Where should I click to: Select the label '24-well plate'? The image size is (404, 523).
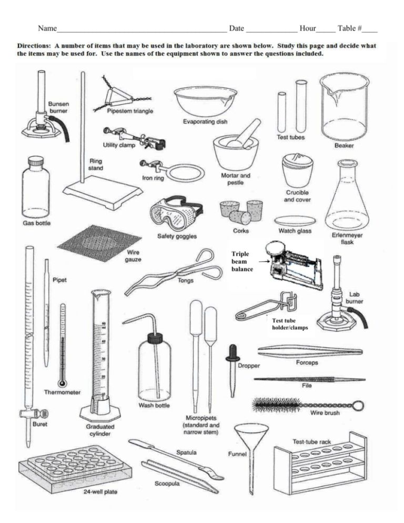(x=99, y=493)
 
